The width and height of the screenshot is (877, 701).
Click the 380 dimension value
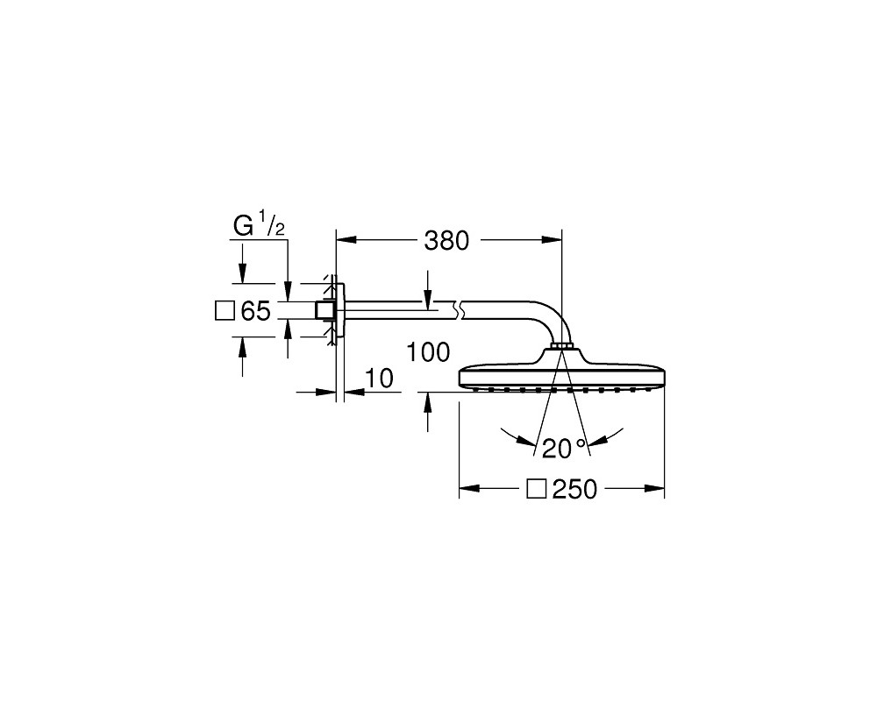446,241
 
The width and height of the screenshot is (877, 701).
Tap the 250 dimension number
575,490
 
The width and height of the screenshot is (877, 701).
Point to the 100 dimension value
428,352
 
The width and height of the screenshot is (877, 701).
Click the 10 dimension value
380,379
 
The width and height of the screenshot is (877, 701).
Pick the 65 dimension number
255,311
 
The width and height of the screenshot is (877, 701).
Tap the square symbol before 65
225,310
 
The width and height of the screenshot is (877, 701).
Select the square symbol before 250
537,489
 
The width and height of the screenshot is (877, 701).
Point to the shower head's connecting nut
560,346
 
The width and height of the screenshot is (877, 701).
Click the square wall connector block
324,310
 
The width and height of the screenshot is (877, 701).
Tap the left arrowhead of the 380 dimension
346,240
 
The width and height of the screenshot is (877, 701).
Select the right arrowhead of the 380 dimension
552,240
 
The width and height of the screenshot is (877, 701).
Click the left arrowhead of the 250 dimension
469,489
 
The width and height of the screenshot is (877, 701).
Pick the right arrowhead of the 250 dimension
654,489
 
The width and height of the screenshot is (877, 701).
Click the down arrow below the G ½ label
242,265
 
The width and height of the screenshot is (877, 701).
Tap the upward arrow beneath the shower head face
428,412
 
